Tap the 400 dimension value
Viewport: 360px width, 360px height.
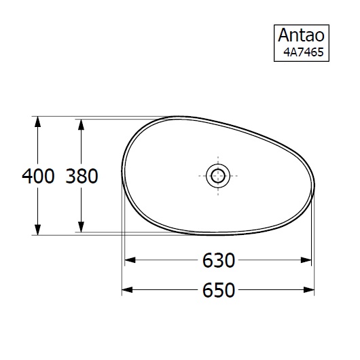pos(38,177)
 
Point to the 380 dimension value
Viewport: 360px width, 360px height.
pos(82,177)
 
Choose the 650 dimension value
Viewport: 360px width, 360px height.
pos(218,291)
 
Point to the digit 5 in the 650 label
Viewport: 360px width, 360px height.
pos(218,291)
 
